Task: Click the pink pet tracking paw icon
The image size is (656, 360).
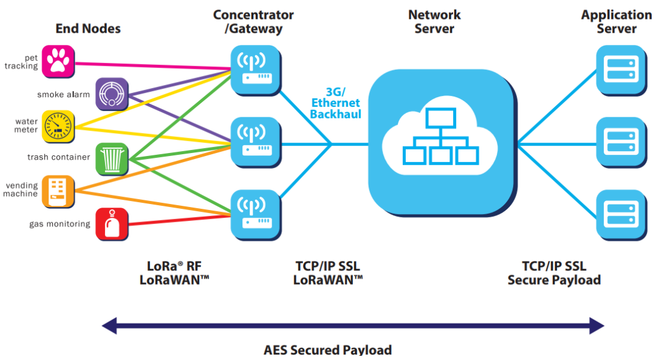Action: click(x=58, y=61)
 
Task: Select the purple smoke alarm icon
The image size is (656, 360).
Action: click(x=112, y=93)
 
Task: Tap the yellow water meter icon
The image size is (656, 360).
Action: click(x=58, y=126)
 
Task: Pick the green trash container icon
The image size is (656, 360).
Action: click(x=112, y=159)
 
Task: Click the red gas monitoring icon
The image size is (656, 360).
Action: click(x=112, y=224)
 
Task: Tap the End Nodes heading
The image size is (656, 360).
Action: click(x=88, y=29)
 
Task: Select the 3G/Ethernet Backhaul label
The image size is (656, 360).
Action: click(x=335, y=103)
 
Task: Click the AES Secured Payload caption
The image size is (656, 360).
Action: click(x=327, y=350)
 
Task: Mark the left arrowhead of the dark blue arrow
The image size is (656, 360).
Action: click(x=110, y=326)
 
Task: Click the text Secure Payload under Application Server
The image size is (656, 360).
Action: click(x=554, y=280)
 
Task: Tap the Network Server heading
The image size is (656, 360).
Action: click(x=434, y=22)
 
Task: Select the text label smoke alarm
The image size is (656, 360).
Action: click(x=63, y=95)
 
